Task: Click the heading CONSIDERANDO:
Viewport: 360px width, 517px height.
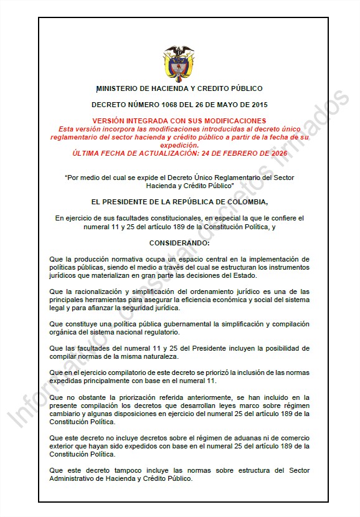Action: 180,242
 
